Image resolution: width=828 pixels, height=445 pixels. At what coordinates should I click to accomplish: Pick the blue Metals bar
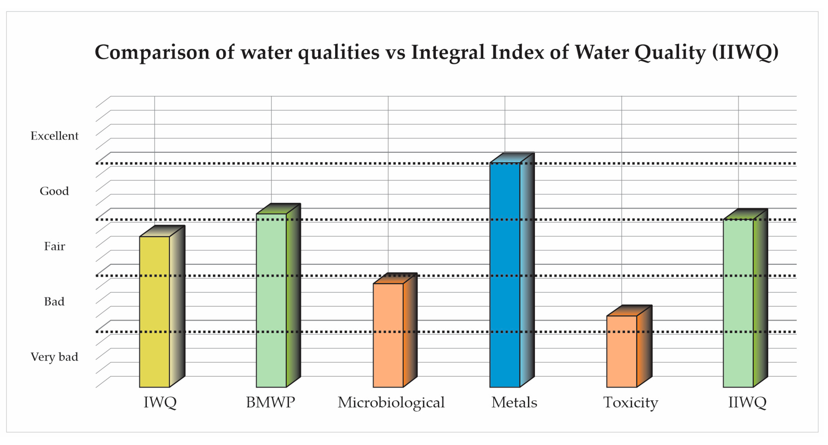coord(504,275)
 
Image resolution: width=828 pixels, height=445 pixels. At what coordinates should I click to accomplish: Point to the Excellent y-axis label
coord(54,136)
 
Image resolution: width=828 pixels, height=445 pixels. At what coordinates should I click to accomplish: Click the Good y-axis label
coord(54,191)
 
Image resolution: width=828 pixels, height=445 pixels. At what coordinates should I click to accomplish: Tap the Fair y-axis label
coord(54,247)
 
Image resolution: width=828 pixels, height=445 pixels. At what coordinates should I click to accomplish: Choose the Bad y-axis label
coord(54,302)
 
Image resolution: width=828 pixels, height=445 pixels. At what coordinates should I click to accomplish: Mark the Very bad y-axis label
coord(54,357)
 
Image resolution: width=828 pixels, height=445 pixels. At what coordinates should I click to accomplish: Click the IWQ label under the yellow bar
coord(160,402)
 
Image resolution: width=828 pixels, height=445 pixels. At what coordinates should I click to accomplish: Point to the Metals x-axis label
coord(514,402)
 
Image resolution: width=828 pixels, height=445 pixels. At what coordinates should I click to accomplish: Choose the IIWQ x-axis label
coord(747,402)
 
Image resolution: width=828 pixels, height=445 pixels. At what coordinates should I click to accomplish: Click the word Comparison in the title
coord(152,52)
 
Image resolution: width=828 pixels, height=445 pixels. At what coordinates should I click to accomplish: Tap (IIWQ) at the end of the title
coord(745,52)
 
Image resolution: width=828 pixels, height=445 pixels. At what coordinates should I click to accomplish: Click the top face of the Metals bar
coord(512,158)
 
